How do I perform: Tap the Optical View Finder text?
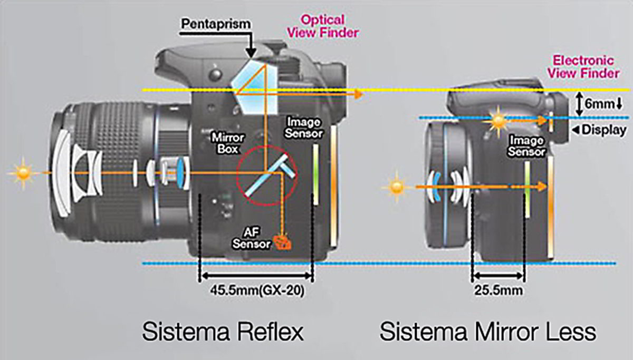click(329, 26)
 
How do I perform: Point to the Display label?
click(603, 130)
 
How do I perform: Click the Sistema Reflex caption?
click(222, 332)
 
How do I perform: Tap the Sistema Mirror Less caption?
click(488, 332)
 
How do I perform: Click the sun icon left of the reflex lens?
click(23, 173)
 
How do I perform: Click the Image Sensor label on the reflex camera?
click(303, 128)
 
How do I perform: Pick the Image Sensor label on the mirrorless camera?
click(527, 147)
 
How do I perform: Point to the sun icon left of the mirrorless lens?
click(396, 186)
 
